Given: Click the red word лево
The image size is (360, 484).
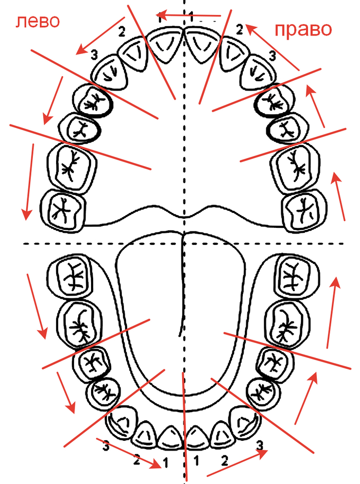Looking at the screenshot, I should (38, 21).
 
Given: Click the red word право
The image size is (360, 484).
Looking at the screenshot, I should (303, 29).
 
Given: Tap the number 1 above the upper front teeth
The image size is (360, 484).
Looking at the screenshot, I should (191, 15).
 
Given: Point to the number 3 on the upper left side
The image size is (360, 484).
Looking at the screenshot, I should (94, 53).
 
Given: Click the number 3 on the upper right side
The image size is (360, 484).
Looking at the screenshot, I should (272, 54).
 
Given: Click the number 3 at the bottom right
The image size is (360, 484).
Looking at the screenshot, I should (260, 444).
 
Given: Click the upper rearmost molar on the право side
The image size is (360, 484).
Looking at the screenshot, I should (304, 210).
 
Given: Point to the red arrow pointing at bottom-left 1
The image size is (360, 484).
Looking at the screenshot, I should (129, 452).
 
